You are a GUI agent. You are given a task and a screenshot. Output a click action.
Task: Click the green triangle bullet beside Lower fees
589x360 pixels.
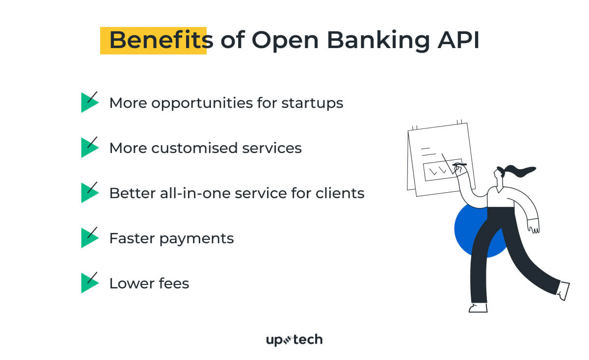click(88, 283)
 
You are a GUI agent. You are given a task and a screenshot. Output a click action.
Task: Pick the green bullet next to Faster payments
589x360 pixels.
click(88, 238)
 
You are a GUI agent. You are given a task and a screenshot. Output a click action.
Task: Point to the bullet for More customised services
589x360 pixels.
click(88, 148)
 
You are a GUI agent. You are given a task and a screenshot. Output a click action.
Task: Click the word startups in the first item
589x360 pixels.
click(312, 103)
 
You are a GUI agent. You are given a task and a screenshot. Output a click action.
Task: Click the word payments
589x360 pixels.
click(200, 239)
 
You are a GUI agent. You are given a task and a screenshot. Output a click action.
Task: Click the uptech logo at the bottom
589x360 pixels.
click(294, 339)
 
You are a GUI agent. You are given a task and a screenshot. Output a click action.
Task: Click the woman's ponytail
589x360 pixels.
click(520, 171)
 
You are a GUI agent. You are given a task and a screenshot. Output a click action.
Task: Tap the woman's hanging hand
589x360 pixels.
click(533, 226)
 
